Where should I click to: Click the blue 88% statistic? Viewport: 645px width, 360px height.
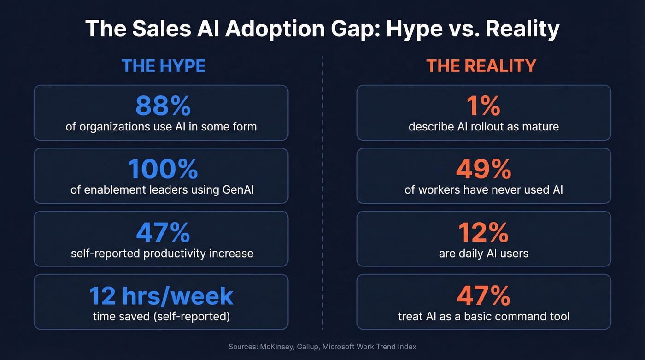pos(163,106)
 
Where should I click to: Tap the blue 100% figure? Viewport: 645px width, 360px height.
pos(163,169)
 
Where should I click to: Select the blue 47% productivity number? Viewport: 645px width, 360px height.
pos(163,232)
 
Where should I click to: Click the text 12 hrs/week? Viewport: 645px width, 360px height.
pos(161,295)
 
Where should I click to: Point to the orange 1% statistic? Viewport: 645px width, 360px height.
pos(483,106)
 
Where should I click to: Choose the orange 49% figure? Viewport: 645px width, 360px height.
pos(483,169)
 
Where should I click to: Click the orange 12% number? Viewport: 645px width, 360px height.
pos(483,232)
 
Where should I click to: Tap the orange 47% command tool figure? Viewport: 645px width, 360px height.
pos(483,295)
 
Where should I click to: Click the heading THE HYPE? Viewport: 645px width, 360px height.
pos(163,66)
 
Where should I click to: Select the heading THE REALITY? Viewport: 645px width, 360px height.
pos(481,66)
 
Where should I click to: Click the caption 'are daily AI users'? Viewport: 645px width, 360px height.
pos(483,253)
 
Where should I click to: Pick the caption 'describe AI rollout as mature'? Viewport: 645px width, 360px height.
pos(483,126)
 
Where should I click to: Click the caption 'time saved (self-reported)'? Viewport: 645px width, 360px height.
pos(161,316)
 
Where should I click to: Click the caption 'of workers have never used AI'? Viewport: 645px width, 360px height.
pos(483,189)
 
